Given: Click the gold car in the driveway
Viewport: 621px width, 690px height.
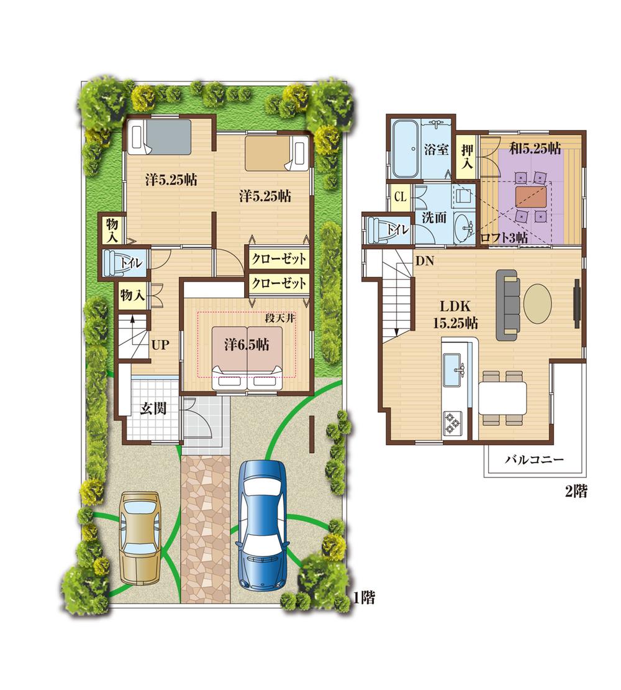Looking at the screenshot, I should [x=141, y=536].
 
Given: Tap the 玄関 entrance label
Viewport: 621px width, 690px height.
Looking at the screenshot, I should [x=153, y=410].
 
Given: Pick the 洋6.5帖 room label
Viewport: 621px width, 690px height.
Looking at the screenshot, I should [x=247, y=345].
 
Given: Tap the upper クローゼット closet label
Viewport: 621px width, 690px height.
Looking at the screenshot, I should [x=279, y=259].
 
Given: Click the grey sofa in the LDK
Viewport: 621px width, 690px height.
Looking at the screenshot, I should [x=510, y=305].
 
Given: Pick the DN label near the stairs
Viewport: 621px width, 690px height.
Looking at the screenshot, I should [x=425, y=261].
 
